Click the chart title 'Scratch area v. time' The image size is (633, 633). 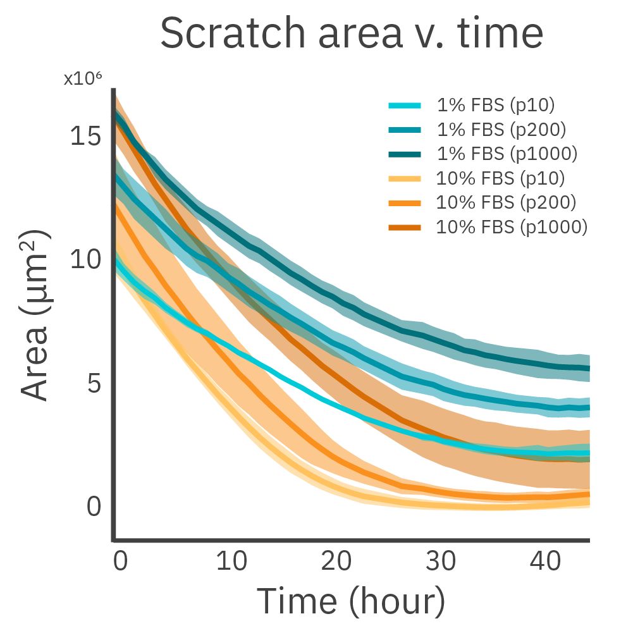(351, 34)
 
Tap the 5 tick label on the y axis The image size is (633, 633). (94, 383)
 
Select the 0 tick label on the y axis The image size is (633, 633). (94, 507)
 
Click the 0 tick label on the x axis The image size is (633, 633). (120, 561)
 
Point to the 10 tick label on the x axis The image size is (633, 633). (231, 561)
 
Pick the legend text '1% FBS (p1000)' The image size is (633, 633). (507, 153)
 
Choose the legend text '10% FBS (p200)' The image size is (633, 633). (506, 202)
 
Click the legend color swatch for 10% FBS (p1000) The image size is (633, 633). (404, 226)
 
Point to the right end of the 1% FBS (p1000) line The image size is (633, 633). (588, 368)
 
